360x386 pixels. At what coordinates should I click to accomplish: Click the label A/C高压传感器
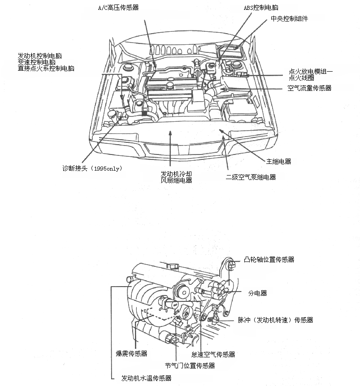[x=118, y=8]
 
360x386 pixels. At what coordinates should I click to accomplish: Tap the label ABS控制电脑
[x=261, y=8]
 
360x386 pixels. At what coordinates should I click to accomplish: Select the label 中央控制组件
[x=289, y=19]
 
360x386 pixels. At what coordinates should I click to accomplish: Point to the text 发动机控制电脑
[x=39, y=56]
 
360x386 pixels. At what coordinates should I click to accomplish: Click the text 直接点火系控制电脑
[x=46, y=69]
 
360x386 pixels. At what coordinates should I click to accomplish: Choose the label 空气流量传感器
[x=309, y=88]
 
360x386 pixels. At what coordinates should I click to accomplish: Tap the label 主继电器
[x=279, y=162]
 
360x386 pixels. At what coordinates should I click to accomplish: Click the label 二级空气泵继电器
[x=251, y=177]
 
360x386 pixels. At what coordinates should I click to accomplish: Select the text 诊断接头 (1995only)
[x=92, y=168]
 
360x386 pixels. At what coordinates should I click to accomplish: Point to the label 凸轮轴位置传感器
[x=269, y=259]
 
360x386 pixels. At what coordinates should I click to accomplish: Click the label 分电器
[x=257, y=293]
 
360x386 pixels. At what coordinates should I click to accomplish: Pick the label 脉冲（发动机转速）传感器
[x=275, y=320]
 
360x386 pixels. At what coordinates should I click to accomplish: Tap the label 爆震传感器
[x=131, y=354]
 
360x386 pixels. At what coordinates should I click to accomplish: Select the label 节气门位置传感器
[x=190, y=365]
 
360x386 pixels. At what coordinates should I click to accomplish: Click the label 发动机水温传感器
[x=146, y=378]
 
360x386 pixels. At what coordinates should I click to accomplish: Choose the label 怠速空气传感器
[x=213, y=355]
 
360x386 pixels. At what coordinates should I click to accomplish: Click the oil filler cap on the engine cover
[x=170, y=86]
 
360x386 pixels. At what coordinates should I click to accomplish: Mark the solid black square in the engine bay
[x=144, y=113]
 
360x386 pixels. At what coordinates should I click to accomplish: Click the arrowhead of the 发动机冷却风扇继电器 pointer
[x=170, y=133]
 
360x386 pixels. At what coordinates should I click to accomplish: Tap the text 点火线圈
[x=302, y=78]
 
